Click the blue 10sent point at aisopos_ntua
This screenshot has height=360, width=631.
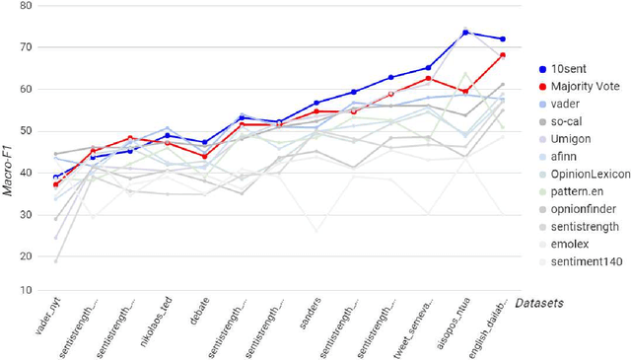(x=465, y=33)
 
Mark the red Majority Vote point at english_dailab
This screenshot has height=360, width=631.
(x=503, y=55)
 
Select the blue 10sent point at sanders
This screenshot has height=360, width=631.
(x=315, y=103)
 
